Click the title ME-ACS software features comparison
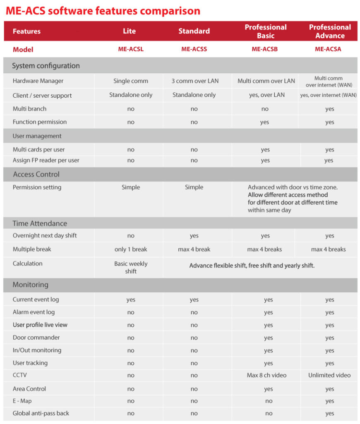[x=103, y=10]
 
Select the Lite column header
[x=130, y=31]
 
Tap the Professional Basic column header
[x=265, y=31]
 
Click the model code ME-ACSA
[x=329, y=49]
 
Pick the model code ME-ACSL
[x=131, y=49]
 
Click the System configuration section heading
[x=46, y=65]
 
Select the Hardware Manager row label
[x=38, y=81]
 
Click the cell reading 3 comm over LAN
[x=195, y=81]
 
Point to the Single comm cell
[x=131, y=81]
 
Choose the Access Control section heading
[x=36, y=174]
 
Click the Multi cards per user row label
[x=38, y=149]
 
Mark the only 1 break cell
[x=131, y=249]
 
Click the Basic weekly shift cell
[x=131, y=267]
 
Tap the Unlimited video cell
[x=329, y=375]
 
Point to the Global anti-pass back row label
[x=41, y=413]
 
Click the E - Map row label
[x=22, y=401]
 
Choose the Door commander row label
[x=36, y=337]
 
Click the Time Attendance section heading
[x=40, y=223]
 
